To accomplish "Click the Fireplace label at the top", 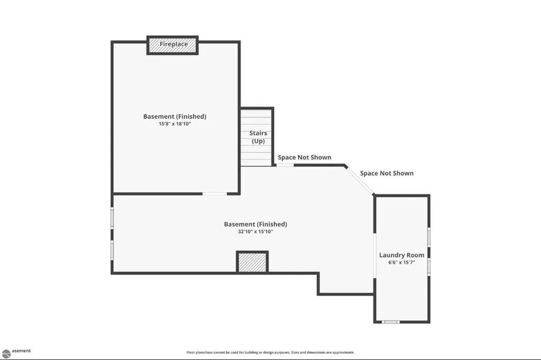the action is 173,44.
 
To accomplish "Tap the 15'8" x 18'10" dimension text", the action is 174,124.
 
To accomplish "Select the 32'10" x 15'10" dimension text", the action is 255,231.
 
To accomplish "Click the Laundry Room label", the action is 402,255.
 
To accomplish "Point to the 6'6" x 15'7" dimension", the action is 402,262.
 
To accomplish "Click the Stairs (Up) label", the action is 258,137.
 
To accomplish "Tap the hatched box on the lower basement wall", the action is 252,262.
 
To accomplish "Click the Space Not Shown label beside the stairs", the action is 304,157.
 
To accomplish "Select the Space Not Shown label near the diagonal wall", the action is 387,173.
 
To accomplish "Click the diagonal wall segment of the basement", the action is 359,181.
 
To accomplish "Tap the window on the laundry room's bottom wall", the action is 390,322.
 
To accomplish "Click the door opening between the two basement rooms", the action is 214,194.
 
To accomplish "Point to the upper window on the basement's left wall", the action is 112,217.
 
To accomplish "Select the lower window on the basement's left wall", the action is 112,250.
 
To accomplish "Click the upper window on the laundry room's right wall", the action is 429,237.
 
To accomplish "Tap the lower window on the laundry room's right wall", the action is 429,267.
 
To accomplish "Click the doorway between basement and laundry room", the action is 375,255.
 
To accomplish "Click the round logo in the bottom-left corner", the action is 6,354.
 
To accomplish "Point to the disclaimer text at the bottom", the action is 270,353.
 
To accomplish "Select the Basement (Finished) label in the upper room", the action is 174,117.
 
